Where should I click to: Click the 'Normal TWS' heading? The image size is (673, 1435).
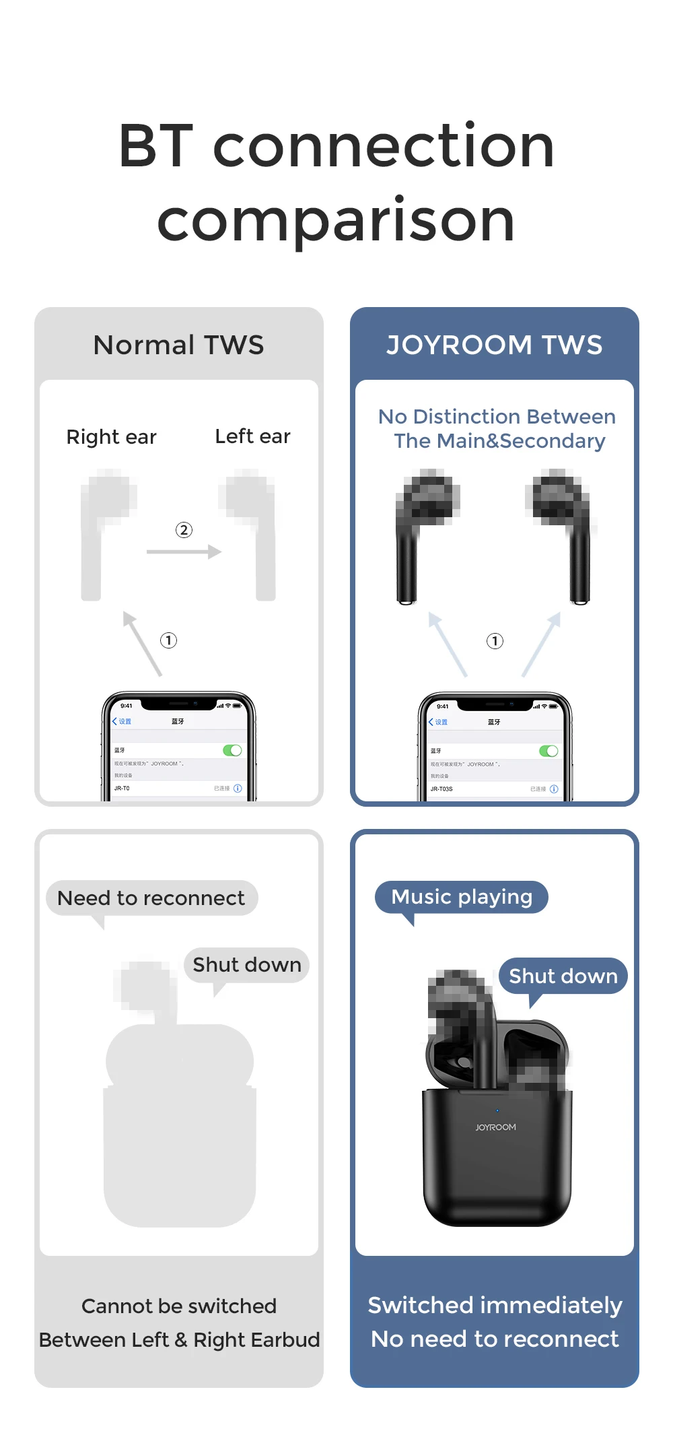(178, 345)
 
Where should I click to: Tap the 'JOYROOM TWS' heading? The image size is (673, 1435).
(495, 345)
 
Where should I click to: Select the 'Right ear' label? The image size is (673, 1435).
(112, 437)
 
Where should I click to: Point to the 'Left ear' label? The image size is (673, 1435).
(252, 436)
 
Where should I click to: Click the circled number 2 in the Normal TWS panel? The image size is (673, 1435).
(184, 530)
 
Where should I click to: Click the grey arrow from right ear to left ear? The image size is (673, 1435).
(184, 552)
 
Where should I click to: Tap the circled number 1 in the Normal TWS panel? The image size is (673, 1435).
(168, 640)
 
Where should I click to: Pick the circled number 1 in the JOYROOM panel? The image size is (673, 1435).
(495, 641)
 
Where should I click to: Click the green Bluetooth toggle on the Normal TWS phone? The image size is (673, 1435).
(232, 750)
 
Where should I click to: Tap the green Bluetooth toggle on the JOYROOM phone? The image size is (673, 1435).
(548, 751)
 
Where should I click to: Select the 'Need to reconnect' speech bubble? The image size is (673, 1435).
(151, 898)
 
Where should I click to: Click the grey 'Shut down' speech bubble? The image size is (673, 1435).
(246, 965)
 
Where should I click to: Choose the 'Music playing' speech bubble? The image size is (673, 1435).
(462, 897)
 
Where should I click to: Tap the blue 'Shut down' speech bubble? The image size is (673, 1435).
(563, 976)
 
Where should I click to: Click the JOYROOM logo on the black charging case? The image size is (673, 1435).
(496, 1127)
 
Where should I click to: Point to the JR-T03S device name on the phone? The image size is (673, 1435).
(441, 789)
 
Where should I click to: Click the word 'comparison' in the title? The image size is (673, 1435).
(336, 221)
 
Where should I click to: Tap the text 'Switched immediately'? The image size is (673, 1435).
(495, 1305)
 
